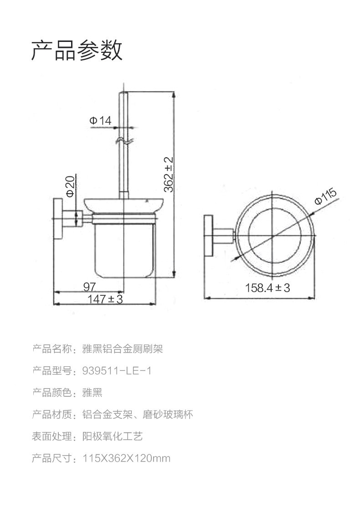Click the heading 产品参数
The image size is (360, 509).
click(77, 50)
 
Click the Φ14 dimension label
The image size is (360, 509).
click(101, 121)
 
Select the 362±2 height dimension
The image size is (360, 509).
click(169, 175)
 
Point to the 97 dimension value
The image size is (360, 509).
click(89, 287)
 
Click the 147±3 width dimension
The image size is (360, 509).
click(105, 299)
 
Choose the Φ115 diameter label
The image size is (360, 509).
click(326, 197)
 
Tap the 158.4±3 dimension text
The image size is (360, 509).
click(267, 288)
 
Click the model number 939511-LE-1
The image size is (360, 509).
click(117, 371)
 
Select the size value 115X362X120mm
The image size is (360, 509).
click(126, 458)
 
